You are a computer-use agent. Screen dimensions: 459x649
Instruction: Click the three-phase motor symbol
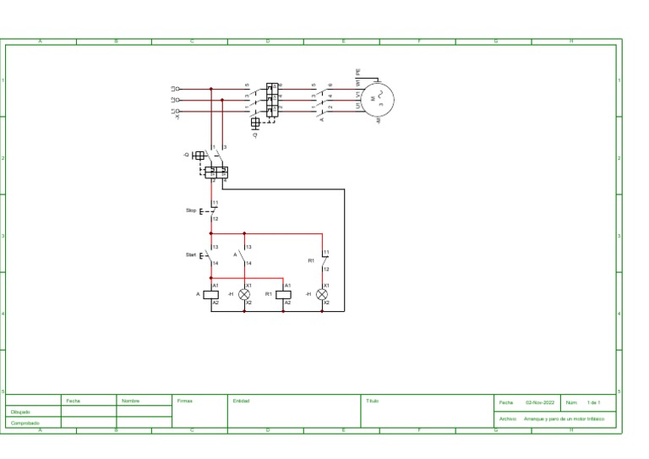(378, 99)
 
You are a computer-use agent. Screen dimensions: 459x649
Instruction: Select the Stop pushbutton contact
(211, 210)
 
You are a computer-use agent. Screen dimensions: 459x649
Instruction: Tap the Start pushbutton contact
(210, 255)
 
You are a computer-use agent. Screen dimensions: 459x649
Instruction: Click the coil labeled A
(212, 294)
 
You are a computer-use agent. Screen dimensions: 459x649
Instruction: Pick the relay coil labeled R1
(283, 294)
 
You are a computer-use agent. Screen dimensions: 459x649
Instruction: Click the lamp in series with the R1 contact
(322, 294)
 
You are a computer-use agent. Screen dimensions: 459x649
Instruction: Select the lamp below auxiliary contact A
(244, 294)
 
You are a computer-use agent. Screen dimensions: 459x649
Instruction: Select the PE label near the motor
(358, 73)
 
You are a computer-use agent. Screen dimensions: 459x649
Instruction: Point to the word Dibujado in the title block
(20, 412)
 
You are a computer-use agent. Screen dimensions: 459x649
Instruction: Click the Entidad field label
(241, 401)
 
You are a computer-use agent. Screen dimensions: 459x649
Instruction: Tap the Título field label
(372, 401)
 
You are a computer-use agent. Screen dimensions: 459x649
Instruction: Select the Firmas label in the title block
(185, 401)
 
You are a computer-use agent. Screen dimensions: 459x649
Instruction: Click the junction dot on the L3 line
(210, 88)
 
